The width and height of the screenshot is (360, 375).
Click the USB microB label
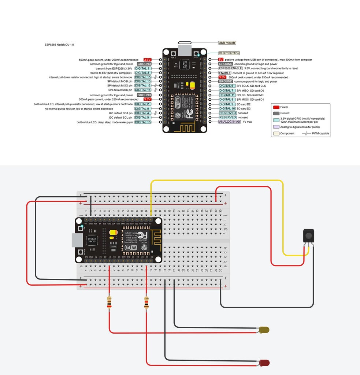point(227,43)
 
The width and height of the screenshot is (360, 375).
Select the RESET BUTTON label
point(229,53)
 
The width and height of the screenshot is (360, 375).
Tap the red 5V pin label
point(220,59)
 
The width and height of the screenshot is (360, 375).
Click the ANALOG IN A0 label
point(229,122)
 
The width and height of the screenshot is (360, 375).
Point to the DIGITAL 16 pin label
point(143,122)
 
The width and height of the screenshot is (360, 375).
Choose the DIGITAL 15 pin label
point(143,77)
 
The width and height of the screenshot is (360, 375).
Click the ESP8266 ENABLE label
point(230,68)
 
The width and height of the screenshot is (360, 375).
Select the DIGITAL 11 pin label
point(227,95)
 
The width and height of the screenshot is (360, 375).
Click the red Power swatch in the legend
point(276,107)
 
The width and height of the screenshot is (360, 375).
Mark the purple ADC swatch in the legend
point(276,127)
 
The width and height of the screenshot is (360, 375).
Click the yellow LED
point(264,330)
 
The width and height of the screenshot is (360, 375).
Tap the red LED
point(264,363)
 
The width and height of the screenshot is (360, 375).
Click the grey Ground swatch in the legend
point(276,113)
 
